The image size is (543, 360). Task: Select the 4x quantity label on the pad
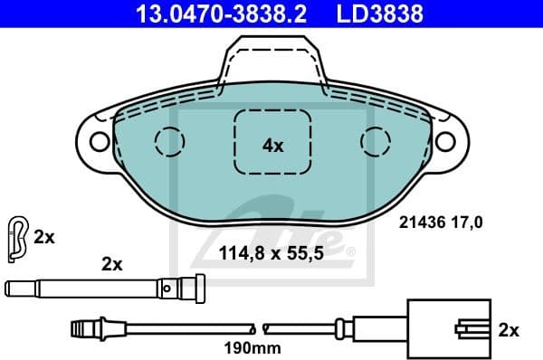coord(272,145)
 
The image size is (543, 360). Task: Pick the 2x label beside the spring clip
coord(44,237)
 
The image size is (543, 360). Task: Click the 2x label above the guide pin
coord(111,264)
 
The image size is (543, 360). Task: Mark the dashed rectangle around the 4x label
coord(272,142)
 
